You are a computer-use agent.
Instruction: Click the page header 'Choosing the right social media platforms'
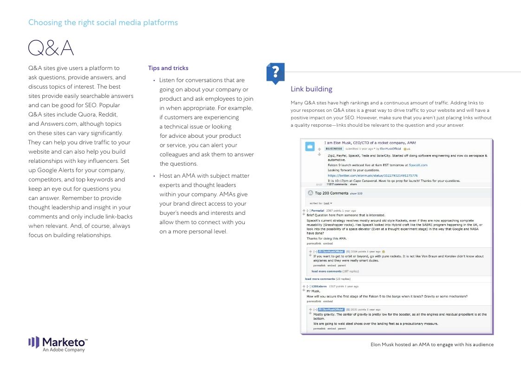pos(103,22)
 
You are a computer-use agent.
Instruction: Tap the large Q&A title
pos(51,48)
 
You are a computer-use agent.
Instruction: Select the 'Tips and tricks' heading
pos(168,68)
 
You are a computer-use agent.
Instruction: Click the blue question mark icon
pos(275,73)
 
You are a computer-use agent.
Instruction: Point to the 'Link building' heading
pos(311,89)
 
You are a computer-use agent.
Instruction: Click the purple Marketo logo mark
pos(34,342)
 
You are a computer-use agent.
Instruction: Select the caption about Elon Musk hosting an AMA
pos(432,344)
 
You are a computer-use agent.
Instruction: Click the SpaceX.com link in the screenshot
pos(418,165)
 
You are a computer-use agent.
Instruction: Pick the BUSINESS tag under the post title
pos(334,149)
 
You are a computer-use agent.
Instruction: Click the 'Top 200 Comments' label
pos(331,193)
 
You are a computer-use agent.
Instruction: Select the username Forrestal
pos(318,210)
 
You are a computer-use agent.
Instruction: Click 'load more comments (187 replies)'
pos(335,271)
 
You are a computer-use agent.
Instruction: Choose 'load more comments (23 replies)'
pos(327,279)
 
